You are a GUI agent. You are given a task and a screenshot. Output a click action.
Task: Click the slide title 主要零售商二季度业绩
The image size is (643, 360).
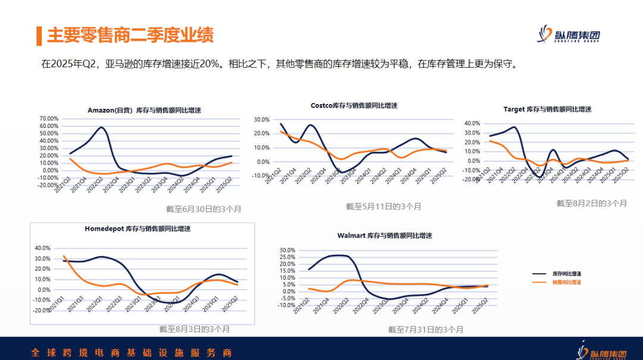(130, 35)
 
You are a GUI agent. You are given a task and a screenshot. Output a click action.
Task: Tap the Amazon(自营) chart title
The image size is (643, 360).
(144, 111)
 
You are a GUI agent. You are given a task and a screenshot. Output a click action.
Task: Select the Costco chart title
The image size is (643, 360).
(354, 105)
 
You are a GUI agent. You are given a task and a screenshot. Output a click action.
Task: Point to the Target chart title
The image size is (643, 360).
(547, 109)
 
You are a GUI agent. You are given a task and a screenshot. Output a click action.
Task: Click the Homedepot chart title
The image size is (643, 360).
(142, 228)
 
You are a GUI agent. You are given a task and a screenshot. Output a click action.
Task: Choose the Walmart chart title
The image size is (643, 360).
(384, 236)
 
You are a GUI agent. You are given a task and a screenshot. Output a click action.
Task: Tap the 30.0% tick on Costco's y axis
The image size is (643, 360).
(262, 120)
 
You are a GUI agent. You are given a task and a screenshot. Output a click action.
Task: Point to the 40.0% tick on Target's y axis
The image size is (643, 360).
(472, 124)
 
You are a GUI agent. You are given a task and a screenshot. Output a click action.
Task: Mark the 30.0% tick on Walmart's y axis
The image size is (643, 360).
(287, 251)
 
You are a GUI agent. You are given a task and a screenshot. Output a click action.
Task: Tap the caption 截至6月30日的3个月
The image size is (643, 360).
(204, 209)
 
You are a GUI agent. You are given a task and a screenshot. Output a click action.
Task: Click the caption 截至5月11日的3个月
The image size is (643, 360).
(383, 206)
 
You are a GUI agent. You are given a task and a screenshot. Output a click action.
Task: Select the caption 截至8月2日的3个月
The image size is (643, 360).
(591, 203)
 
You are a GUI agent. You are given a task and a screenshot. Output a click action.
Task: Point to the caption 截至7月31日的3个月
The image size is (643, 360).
(425, 330)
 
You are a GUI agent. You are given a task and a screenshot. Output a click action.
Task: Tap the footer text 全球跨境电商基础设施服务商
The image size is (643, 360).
(131, 353)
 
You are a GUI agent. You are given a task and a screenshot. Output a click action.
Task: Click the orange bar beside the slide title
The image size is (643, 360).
(39, 36)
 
